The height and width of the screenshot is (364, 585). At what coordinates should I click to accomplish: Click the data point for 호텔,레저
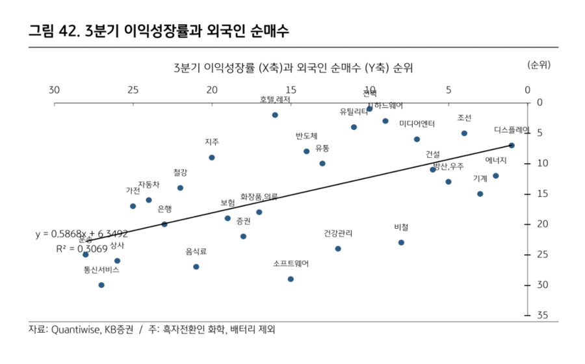275,115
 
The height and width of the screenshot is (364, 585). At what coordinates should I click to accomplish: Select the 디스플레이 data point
512,145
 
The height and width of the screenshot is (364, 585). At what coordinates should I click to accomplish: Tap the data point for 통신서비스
101,285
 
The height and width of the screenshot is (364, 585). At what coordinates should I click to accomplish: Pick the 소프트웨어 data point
291,279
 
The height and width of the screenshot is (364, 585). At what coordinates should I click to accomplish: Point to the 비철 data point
401,242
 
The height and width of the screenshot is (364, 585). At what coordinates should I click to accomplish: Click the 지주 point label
212,142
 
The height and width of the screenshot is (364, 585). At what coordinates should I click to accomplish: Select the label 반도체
306,136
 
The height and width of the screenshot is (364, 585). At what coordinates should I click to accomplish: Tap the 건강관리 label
338,233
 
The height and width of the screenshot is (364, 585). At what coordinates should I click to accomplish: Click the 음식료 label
196,251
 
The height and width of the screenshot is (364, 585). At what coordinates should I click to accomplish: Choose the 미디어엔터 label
417,123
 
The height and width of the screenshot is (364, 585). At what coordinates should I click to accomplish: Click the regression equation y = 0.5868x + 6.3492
81,234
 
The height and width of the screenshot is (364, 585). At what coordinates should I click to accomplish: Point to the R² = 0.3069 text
83,248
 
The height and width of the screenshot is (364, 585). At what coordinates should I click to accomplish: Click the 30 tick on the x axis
54,90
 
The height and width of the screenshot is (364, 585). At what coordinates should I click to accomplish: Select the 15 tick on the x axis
291,90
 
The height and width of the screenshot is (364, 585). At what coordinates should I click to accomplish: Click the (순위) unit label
539,65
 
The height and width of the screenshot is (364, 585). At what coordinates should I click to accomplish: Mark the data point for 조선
464,133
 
